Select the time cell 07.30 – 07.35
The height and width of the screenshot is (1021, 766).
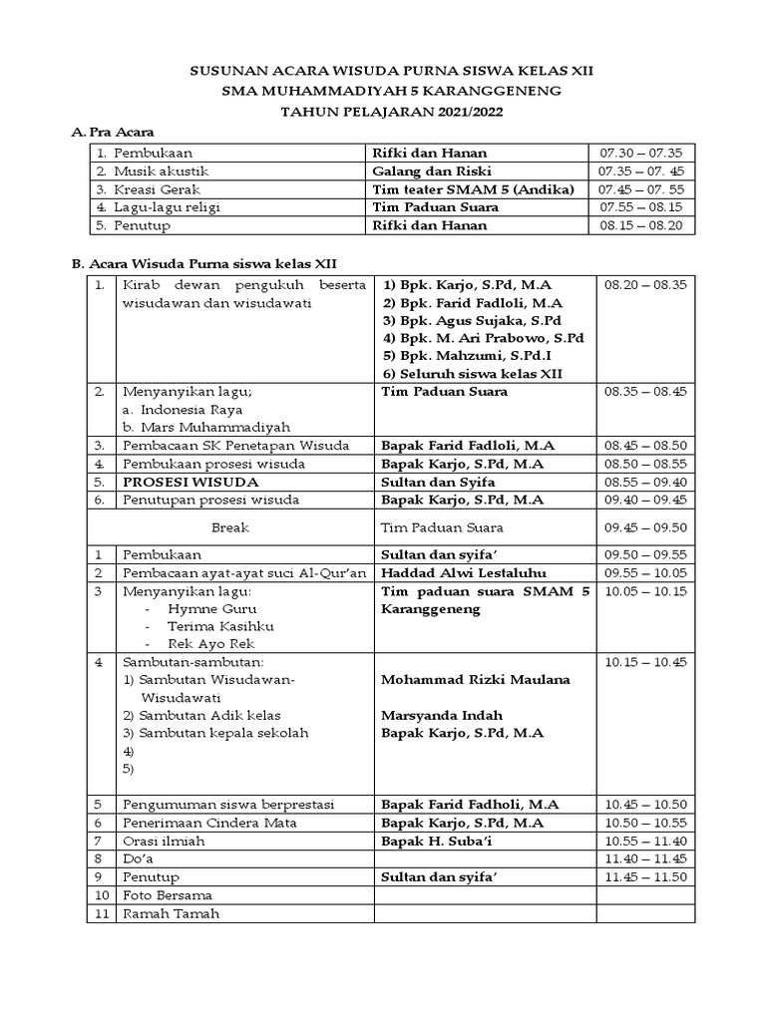pyautogui.click(x=639, y=154)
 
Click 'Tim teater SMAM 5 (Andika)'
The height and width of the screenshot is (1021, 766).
pyautogui.click(x=473, y=189)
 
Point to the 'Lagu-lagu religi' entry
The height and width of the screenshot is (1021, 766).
pyautogui.click(x=167, y=207)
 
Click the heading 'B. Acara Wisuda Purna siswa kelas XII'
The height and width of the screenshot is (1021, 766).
pyautogui.click(x=204, y=264)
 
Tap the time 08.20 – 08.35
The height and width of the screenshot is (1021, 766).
pyautogui.click(x=644, y=285)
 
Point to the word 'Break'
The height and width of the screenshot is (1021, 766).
pyautogui.click(x=230, y=527)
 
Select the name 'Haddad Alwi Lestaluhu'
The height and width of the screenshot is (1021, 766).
pyautogui.click(x=458, y=572)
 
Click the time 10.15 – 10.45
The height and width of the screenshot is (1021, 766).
pyautogui.click(x=644, y=662)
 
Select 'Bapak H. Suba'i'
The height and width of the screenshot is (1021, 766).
pyautogui.click(x=433, y=841)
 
